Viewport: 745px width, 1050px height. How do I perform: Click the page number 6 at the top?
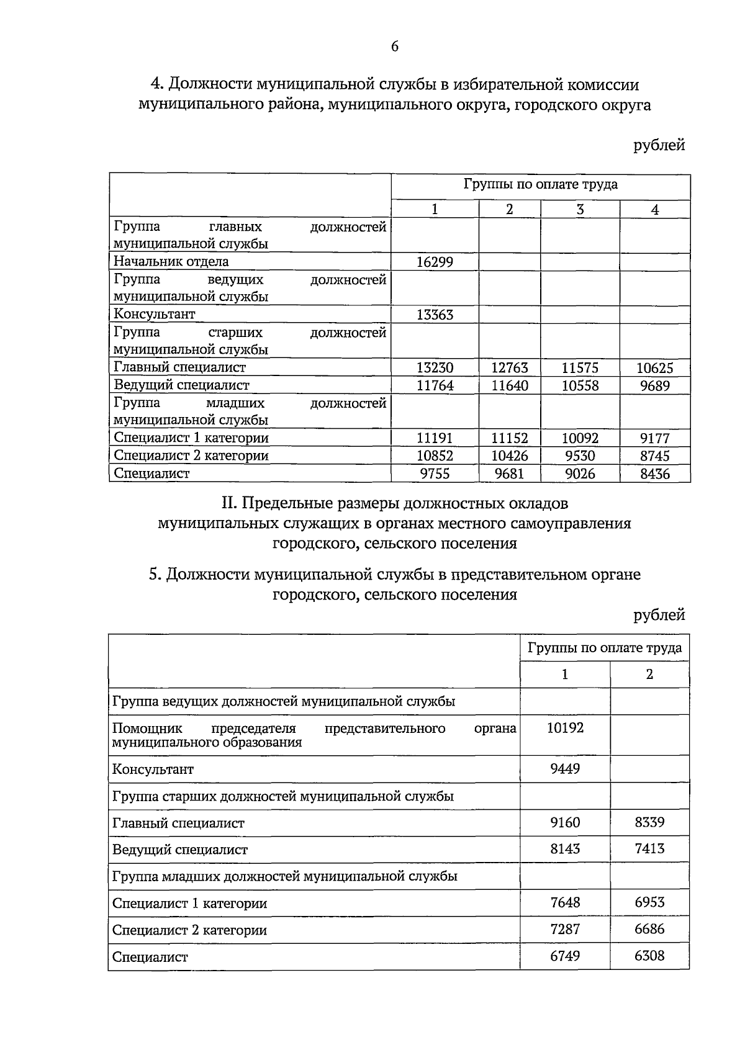(x=395, y=47)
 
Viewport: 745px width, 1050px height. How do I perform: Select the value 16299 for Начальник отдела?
(x=435, y=262)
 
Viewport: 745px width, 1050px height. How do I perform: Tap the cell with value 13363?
(x=435, y=315)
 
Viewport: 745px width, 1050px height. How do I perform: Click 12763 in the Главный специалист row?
(x=509, y=368)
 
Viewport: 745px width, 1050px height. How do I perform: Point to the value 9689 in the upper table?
(x=655, y=386)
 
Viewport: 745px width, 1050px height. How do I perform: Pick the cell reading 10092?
(x=580, y=439)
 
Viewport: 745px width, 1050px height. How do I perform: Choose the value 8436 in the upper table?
(x=655, y=474)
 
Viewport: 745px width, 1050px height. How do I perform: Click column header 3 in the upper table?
(x=580, y=210)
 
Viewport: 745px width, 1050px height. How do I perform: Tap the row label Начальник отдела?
(x=171, y=262)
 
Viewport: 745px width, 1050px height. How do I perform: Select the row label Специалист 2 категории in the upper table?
(x=191, y=456)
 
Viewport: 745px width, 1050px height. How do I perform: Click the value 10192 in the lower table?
(x=565, y=728)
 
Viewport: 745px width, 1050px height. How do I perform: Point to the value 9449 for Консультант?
(x=565, y=770)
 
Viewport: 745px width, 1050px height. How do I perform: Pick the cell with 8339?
(x=649, y=823)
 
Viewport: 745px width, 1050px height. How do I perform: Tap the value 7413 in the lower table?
(x=649, y=849)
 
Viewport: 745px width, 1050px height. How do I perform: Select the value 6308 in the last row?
(x=649, y=956)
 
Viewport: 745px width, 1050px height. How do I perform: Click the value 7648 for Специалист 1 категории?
(x=565, y=903)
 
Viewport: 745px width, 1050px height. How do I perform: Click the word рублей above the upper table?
(x=659, y=146)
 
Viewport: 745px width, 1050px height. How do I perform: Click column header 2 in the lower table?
(x=649, y=675)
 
